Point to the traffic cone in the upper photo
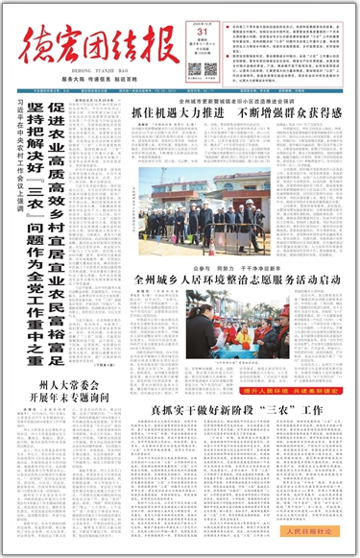tap(145, 237)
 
